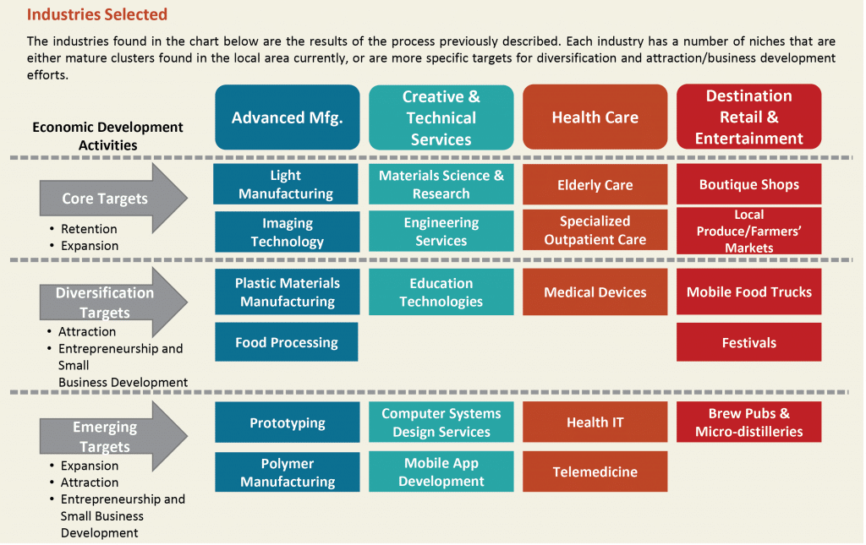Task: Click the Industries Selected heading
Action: coord(97,14)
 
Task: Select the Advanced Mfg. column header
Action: coord(288,117)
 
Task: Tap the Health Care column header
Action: coord(595,117)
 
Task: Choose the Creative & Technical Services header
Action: coord(441,117)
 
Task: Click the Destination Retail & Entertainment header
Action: coord(749,117)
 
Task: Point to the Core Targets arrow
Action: coord(113,198)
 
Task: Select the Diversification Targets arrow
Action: coord(113,302)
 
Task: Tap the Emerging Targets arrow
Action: coord(113,436)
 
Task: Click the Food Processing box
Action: coord(287,342)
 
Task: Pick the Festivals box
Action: coord(749,342)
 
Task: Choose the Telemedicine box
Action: coord(595,471)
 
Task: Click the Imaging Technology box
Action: coord(288,232)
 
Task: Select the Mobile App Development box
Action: coord(441,471)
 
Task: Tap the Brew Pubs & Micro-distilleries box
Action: coord(749,422)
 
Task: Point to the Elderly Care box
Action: coord(595,184)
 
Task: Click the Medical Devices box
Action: coord(595,292)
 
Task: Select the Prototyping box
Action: coord(288,422)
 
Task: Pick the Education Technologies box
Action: coord(441,292)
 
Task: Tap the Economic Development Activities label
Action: coord(107,136)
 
